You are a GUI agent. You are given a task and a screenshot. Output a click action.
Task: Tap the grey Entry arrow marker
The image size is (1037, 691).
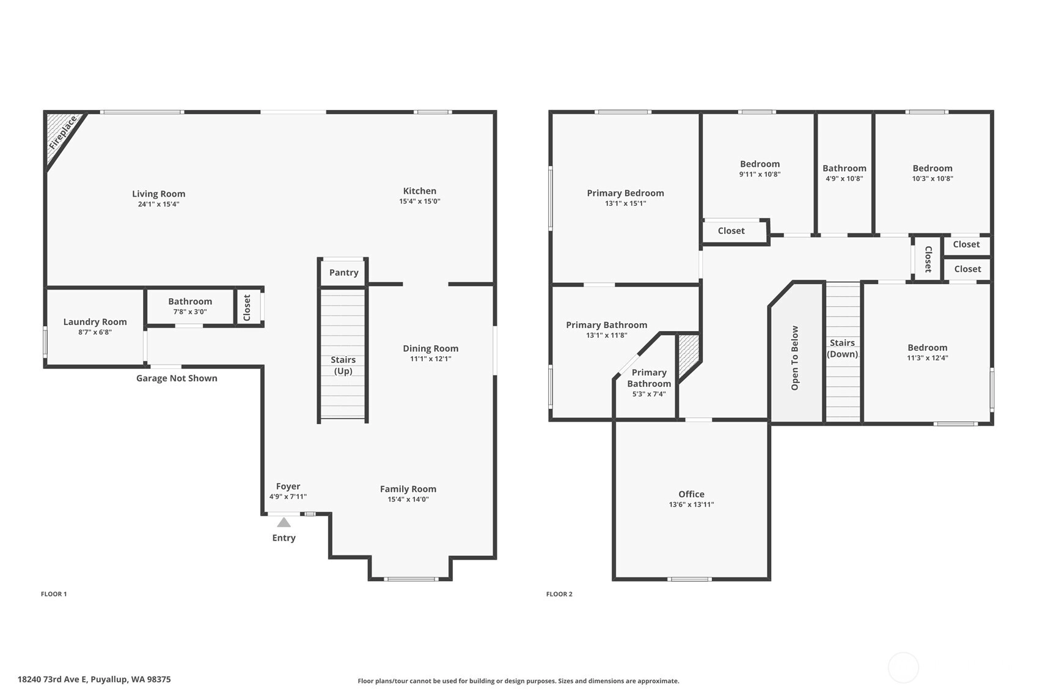tap(284, 522)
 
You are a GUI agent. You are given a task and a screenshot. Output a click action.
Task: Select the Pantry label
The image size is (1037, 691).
tap(343, 272)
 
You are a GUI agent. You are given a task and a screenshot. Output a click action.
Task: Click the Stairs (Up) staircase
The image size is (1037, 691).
tap(343, 354)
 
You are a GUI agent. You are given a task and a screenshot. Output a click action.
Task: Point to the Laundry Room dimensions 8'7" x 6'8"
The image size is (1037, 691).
tap(95, 332)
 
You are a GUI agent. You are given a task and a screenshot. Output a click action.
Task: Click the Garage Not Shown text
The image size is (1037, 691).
tap(177, 378)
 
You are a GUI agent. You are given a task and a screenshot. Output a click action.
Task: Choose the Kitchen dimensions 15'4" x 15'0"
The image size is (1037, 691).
tap(419, 202)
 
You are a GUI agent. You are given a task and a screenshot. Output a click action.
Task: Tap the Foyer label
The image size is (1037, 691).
tap(288, 486)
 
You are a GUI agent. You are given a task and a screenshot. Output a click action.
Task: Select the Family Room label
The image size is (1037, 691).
tap(408, 489)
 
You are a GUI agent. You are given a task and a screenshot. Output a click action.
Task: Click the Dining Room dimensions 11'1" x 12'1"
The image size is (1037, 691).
tap(431, 359)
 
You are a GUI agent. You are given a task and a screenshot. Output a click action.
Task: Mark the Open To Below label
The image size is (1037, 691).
tap(795, 358)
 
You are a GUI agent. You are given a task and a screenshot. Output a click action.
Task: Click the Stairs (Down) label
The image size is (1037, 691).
tap(842, 348)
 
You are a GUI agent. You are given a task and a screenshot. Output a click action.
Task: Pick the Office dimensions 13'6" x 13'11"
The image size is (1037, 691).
tap(691, 505)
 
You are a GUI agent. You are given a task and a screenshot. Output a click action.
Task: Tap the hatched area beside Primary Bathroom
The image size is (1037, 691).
tap(689, 354)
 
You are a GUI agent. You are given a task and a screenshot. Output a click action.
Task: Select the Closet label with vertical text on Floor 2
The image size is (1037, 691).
tap(928, 259)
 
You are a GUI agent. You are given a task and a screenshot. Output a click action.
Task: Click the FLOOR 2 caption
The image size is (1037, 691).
tap(559, 594)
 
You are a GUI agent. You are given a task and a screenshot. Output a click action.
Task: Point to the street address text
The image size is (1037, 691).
tap(94, 679)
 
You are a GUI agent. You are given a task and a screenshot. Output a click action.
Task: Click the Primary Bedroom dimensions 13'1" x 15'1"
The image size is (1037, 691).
tap(626, 203)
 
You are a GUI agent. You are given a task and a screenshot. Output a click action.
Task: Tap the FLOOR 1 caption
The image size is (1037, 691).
tap(54, 594)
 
